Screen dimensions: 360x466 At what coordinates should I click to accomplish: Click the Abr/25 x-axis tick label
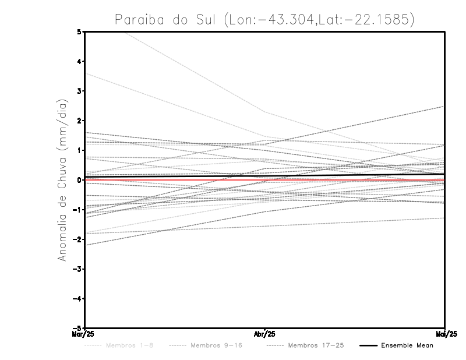tap(265, 334)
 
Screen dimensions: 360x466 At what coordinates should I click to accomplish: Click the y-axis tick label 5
tap(79, 31)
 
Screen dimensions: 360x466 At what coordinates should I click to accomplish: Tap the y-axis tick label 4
tap(79, 61)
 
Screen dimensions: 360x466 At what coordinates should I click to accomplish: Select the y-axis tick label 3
tap(79, 91)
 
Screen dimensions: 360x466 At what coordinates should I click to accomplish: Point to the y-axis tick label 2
tap(79, 121)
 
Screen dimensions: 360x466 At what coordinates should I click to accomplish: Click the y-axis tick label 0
tap(79, 180)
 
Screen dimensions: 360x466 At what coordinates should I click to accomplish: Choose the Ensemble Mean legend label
tap(407, 345)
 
